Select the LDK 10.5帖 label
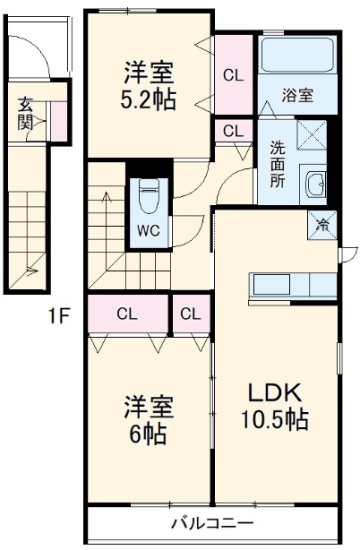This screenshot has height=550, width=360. click(274, 406)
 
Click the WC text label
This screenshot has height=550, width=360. click(147, 229)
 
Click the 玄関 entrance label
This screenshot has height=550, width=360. click(26, 112)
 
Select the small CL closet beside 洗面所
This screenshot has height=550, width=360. click(233, 131)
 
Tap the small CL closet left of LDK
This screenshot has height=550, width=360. click(190, 314)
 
